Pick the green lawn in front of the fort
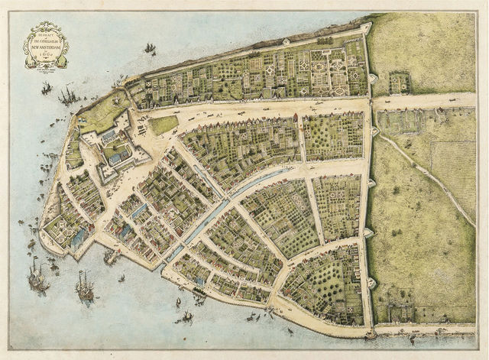pyautogui.click(x=163, y=124)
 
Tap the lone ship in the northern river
pyautogui.click(x=150, y=49)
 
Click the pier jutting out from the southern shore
pyautogui.click(x=112, y=258)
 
